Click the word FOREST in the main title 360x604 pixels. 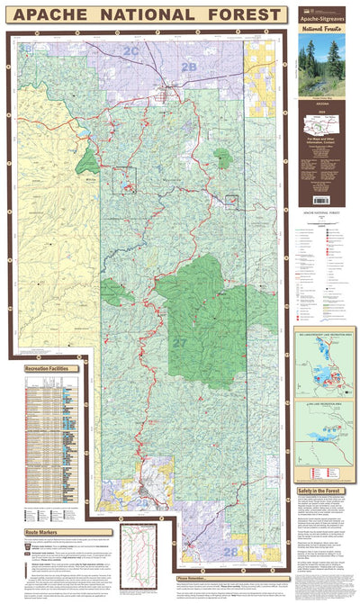[x=243, y=15]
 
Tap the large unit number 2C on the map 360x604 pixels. [x=131, y=52]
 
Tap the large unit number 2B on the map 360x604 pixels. [x=188, y=67]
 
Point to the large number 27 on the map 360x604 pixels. [x=179, y=343]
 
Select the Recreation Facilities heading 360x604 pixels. [x=53, y=370]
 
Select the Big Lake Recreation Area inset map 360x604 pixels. [x=320, y=364]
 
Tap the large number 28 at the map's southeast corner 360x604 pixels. [x=230, y=551]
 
